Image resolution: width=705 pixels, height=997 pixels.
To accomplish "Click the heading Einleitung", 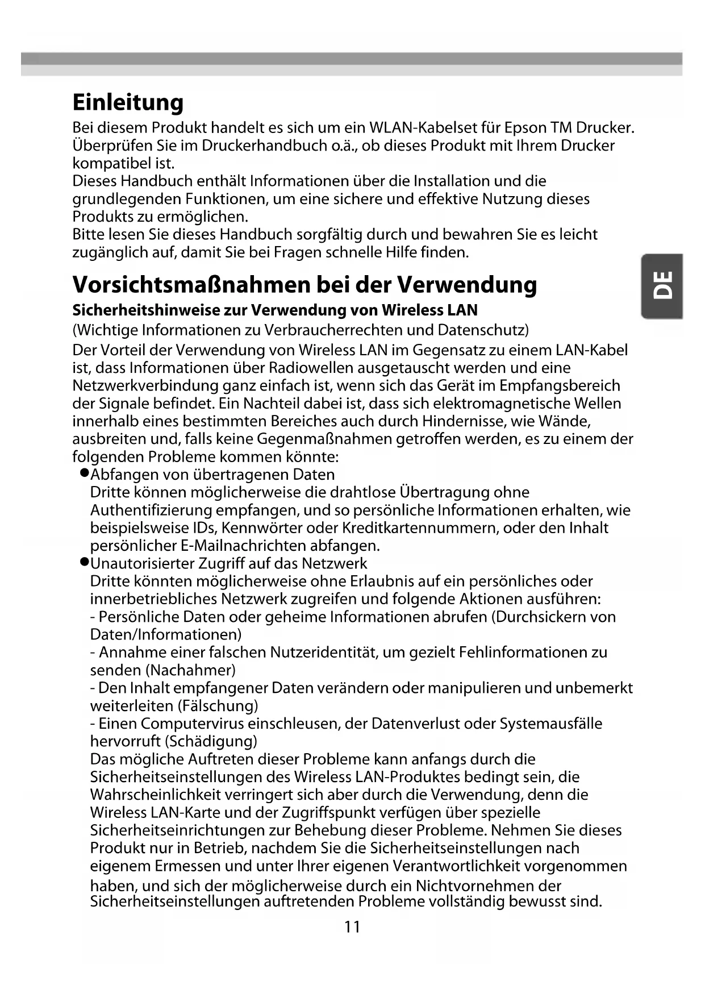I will tap(128, 103).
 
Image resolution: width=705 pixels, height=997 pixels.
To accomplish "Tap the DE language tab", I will tap(662, 285).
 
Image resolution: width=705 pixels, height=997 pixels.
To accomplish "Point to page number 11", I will tap(352, 927).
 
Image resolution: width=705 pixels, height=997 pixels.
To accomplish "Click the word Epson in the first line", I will tap(525, 127).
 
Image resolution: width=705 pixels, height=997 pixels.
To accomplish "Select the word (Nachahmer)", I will tap(193, 670).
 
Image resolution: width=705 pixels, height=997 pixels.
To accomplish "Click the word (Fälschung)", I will tap(218, 706).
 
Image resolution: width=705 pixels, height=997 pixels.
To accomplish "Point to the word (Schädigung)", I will tap(211, 741).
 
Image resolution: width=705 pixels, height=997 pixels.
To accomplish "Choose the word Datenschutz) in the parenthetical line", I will tap(483, 330).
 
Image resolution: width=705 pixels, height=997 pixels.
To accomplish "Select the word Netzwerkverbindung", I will tap(145, 385).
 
